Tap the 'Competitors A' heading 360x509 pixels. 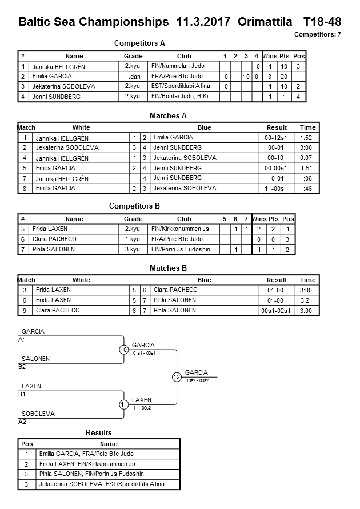pyautogui.click(x=139, y=43)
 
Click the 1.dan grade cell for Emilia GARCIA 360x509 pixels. pyautogui.click(x=133, y=77)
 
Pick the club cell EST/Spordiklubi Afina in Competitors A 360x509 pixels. pyautogui.click(x=181, y=86)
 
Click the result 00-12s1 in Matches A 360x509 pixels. pyautogui.click(x=277, y=138)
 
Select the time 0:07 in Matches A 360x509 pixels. pyautogui.click(x=307, y=158)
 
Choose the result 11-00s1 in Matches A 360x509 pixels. pyautogui.click(x=277, y=189)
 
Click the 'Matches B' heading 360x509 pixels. pyautogui.click(x=168, y=268)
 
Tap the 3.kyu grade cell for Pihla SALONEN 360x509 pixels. pyautogui.click(x=133, y=250)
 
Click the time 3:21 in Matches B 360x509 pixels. pyautogui.click(x=307, y=300)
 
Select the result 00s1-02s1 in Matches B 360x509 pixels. pyautogui.click(x=277, y=311)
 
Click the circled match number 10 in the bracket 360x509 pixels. pyautogui.click(x=124, y=350)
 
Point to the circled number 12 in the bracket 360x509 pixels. pyautogui.click(x=177, y=377)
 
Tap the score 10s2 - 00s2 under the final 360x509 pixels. pyautogui.click(x=197, y=380)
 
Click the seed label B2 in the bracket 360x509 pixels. pyautogui.click(x=22, y=367)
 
